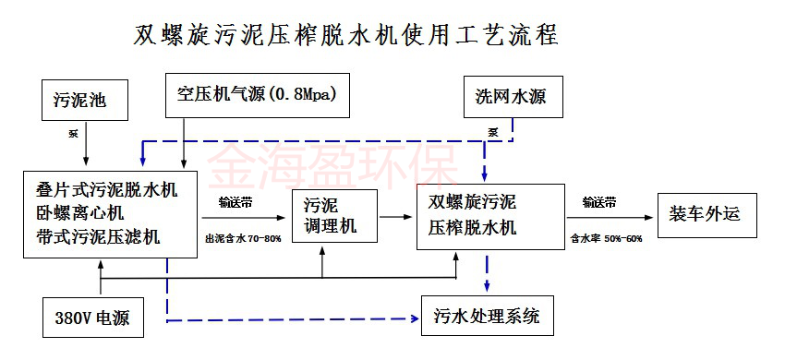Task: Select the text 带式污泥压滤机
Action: point(96,236)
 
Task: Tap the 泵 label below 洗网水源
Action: point(494,131)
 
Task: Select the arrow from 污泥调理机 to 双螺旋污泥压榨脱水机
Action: point(397,216)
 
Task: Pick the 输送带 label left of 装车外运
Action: point(599,201)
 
